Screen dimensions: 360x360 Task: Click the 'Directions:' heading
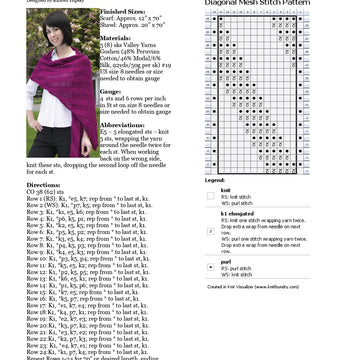pyautogui.click(x=44, y=185)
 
